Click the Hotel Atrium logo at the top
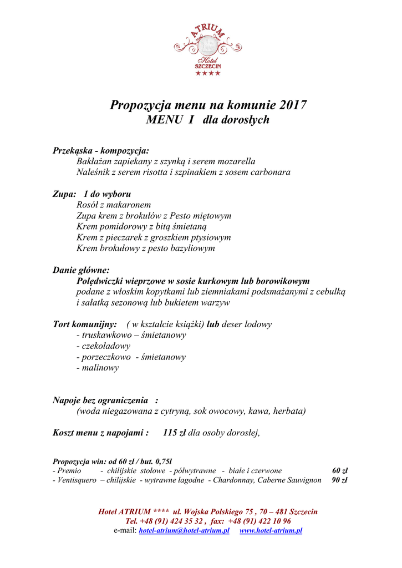[x=208, y=49]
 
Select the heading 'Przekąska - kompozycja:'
[x=100, y=150]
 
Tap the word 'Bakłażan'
[x=94, y=161]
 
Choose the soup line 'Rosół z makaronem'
[x=114, y=205]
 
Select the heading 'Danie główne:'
[x=81, y=270]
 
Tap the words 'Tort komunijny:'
[x=85, y=324]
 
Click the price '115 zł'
[x=174, y=433]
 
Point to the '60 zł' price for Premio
[x=339, y=470]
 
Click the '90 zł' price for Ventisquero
[x=339, y=480]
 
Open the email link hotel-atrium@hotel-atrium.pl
[x=184, y=531]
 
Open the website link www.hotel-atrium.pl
[x=271, y=531]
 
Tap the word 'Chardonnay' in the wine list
[x=234, y=480]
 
